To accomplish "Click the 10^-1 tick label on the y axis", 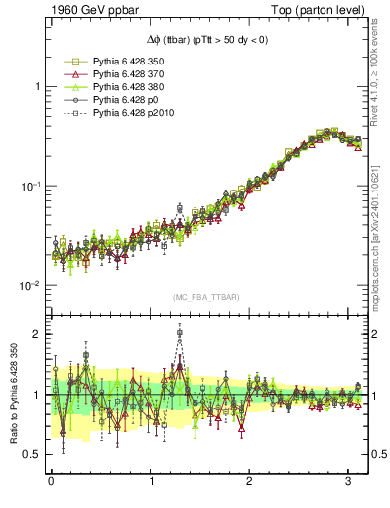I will tap(29, 186).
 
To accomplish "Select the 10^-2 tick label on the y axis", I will tap(29, 285).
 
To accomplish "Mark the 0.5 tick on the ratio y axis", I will tap(31, 454).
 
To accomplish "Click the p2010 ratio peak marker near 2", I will tap(180, 334).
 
